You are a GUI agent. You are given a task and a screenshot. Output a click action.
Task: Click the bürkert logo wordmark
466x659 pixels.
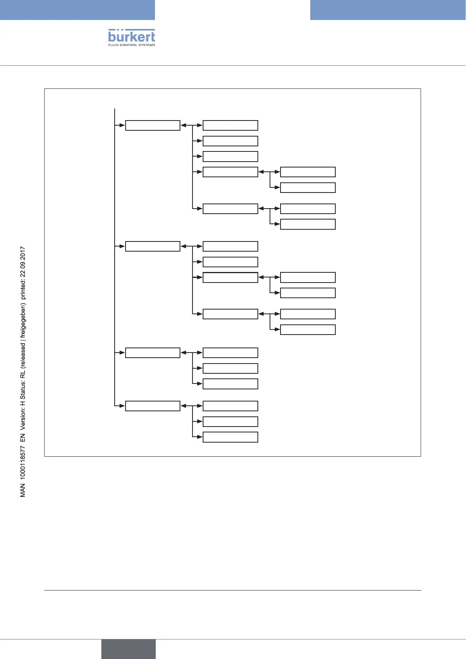(x=131, y=36)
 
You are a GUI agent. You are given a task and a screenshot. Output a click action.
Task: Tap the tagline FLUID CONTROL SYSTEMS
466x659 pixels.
(x=131, y=45)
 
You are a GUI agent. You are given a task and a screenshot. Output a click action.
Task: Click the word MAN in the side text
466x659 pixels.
(x=23, y=490)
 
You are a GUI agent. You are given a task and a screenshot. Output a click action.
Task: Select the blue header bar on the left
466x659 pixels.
(x=77, y=10)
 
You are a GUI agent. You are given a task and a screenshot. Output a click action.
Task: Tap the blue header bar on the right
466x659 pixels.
(x=388, y=10)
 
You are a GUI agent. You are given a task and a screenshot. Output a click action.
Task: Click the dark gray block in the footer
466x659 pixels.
(x=128, y=649)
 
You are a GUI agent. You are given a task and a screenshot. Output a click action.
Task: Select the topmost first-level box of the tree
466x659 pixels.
(x=153, y=125)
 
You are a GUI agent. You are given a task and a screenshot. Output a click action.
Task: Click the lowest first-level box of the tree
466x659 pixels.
(x=153, y=406)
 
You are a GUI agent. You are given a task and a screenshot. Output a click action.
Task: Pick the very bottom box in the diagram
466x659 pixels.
(x=230, y=437)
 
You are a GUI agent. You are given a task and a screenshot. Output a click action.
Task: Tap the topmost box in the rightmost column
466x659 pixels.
(x=308, y=172)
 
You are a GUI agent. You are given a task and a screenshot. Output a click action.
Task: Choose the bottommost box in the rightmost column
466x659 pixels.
(x=308, y=329)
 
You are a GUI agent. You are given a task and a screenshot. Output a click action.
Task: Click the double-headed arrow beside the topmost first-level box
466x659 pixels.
(x=191, y=125)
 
